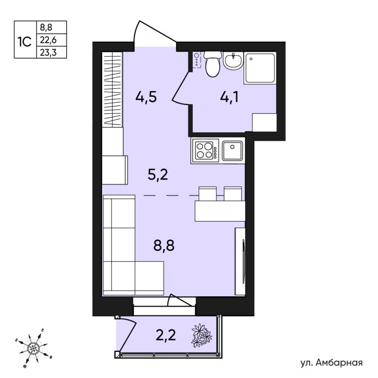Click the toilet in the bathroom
tap(212, 64)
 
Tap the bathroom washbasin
tap(233, 60)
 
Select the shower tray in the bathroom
tap(260, 68)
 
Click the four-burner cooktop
tap(205, 151)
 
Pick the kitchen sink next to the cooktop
tap(232, 151)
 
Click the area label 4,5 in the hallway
tap(146, 97)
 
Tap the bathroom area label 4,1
tap(229, 97)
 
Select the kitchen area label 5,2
tap(158, 174)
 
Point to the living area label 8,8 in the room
tap(163, 246)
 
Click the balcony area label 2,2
tap(166, 335)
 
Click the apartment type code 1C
tap(25, 42)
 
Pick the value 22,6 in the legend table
tap(48, 40)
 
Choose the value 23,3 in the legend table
tap(48, 52)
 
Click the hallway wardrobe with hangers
tap(112, 90)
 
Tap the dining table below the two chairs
tap(220, 211)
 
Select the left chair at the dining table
tap(207, 194)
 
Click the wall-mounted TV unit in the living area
tap(241, 261)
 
